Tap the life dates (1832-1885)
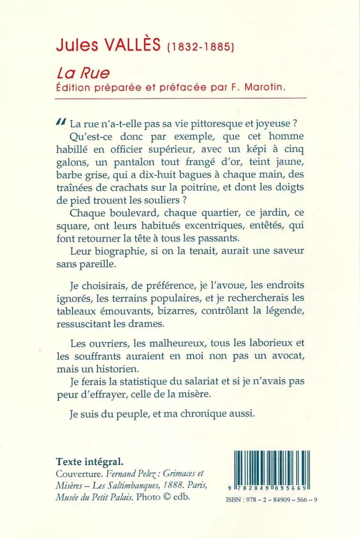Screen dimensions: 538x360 pos(200,47)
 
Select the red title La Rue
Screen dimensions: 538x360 pos(75,74)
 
